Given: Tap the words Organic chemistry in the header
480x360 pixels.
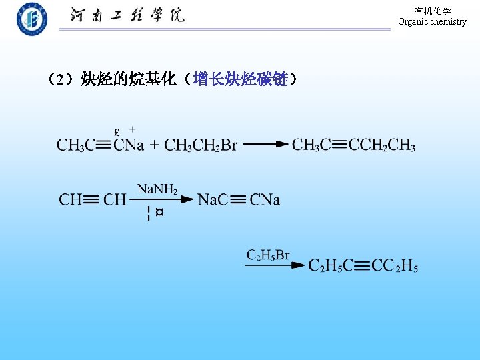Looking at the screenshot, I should click(x=432, y=22).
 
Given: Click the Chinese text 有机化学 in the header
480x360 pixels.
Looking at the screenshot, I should click(x=433, y=11).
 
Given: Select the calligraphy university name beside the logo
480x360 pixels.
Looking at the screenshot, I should click(x=127, y=15).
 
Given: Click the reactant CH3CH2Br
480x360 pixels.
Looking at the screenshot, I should click(x=201, y=145).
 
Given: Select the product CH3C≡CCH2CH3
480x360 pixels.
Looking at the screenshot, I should click(x=353, y=145).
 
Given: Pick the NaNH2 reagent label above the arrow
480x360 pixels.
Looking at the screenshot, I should click(x=157, y=189).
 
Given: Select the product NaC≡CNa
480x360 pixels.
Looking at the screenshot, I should click(x=239, y=199).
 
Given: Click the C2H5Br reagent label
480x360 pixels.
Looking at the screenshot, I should click(x=268, y=255).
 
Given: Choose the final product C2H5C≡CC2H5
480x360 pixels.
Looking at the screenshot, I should click(x=363, y=266).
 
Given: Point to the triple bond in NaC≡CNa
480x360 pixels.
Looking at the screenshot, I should click(x=239, y=199).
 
